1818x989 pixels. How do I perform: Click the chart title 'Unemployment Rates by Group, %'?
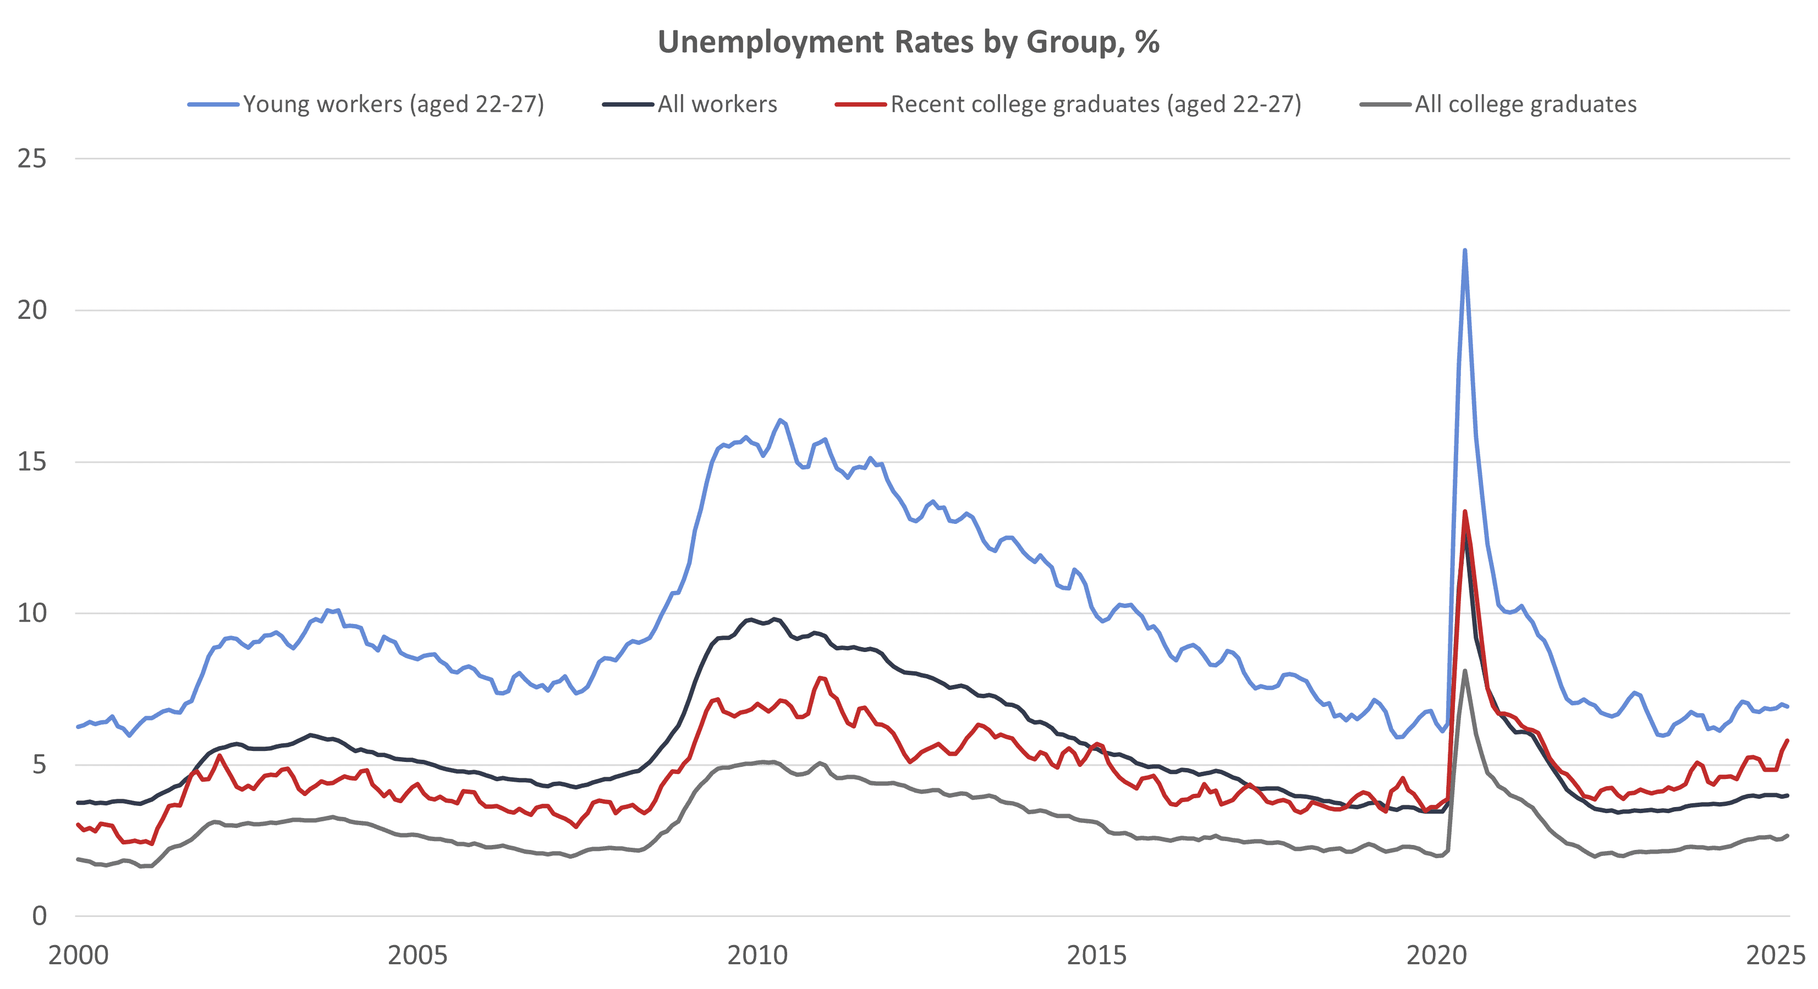[908, 42]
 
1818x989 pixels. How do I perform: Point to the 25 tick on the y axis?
[32, 159]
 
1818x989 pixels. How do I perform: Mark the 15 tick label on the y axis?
[32, 462]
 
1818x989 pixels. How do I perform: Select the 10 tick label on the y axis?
[32, 613]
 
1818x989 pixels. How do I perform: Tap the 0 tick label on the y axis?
[40, 916]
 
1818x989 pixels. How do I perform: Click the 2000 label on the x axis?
[78, 955]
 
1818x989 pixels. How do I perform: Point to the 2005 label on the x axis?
[418, 955]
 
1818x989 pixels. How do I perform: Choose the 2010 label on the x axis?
[757, 955]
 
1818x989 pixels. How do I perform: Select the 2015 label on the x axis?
[1097, 955]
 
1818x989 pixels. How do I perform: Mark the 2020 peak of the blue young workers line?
[1465, 251]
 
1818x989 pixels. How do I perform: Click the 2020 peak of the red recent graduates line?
[1465, 511]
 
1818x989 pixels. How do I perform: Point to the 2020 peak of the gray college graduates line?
[1465, 671]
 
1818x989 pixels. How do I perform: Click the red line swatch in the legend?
[860, 104]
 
